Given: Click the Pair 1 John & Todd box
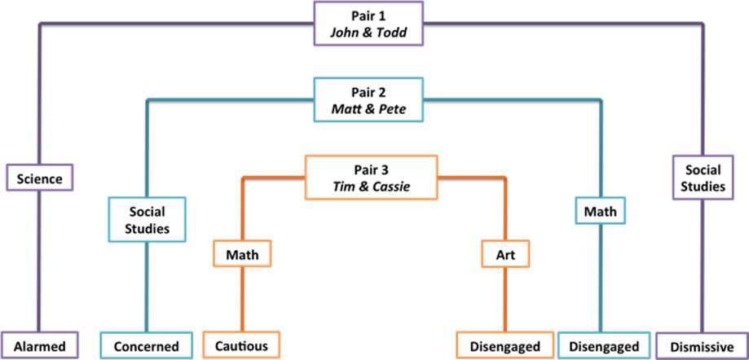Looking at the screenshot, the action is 368,24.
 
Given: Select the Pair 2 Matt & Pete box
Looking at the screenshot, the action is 368,100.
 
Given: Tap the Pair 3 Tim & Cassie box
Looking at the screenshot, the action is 371,177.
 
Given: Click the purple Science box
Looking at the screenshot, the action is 40,178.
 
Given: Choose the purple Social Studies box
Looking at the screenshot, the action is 703,177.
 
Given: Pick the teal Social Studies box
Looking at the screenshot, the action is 148,220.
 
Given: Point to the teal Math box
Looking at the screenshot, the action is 601,211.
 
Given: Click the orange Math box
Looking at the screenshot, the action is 242,253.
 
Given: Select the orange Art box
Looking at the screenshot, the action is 505,253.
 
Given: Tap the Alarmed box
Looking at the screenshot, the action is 40,345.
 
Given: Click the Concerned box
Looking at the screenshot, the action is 147,345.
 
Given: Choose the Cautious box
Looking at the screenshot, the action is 242,345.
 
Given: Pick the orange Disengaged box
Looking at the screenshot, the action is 505,345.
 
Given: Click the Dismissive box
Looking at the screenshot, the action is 702,345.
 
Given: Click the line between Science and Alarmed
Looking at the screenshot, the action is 40,261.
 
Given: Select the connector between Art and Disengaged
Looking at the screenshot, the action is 505,299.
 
